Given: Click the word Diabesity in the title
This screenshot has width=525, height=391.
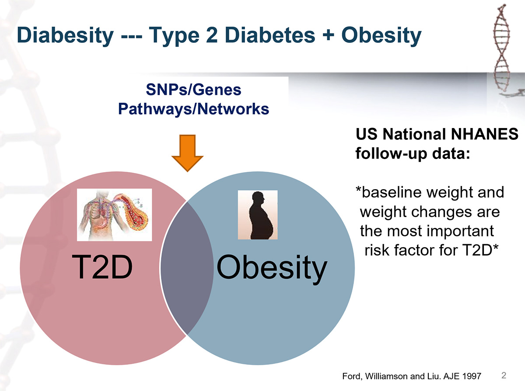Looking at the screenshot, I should (64, 35).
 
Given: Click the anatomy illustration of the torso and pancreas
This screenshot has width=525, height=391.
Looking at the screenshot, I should (114, 215).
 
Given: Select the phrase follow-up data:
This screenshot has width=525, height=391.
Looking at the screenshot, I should (410, 154).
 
